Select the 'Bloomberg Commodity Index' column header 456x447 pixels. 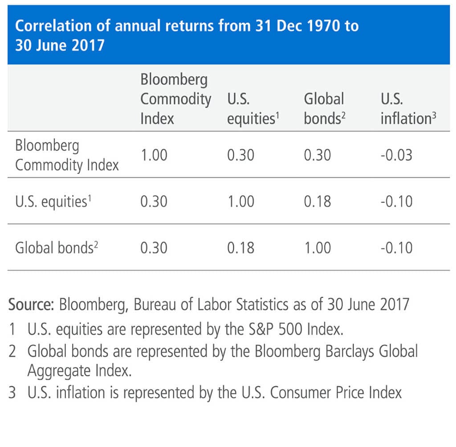pyautogui.click(x=175, y=100)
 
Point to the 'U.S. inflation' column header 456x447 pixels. pyautogui.click(x=407, y=109)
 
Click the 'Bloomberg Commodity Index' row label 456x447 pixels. pyautogui.click(x=67, y=155)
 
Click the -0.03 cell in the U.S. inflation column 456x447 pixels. pyautogui.click(x=396, y=155)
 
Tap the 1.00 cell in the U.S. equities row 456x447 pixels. pyautogui.click(x=240, y=201)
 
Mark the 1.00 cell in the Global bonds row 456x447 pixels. pyautogui.click(x=318, y=248)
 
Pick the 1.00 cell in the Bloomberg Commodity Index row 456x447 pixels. pyautogui.click(x=154, y=155)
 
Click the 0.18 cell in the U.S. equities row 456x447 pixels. pyautogui.click(x=318, y=201)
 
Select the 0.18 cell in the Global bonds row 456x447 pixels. pyautogui.click(x=240, y=248)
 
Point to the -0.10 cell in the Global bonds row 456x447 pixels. pyautogui.click(x=396, y=248)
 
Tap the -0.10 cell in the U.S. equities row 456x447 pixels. pyautogui.click(x=396, y=201)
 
